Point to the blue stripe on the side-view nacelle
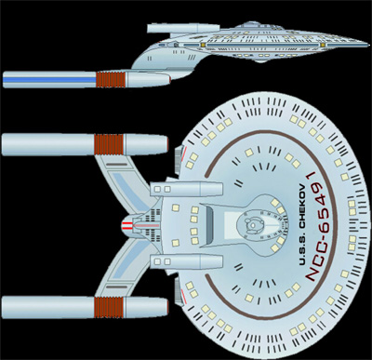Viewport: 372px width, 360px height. point(51,81)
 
